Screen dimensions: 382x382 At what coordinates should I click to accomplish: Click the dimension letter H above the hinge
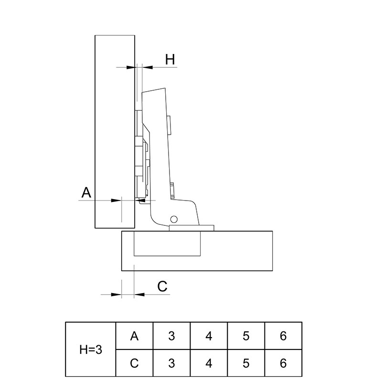tap(170, 59)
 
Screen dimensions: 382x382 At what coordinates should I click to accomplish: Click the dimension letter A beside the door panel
tap(86, 192)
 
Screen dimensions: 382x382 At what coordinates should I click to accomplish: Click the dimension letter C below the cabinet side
tap(162, 286)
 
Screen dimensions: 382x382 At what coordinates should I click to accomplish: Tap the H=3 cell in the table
tap(91, 350)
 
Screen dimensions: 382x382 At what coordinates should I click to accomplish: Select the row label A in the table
tap(134, 336)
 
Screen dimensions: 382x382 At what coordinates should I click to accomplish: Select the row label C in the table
tap(134, 363)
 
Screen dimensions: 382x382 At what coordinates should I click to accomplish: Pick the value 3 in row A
tap(171, 336)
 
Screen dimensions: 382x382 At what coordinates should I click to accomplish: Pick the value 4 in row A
tap(209, 336)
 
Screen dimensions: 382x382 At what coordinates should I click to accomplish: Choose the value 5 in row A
tap(246, 336)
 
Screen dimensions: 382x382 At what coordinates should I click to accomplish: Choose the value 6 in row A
tap(283, 336)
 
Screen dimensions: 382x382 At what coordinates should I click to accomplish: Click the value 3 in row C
tap(171, 363)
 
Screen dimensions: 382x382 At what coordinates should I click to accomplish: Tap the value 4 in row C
tap(209, 363)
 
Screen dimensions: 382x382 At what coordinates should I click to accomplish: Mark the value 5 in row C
tap(246, 363)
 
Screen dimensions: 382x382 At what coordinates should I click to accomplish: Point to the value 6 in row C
tap(283, 363)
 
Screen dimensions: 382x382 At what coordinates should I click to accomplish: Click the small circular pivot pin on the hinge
tap(174, 219)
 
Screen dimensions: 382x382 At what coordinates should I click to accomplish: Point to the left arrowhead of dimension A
tap(116, 201)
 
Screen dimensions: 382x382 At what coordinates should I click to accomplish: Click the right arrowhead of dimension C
tap(139, 295)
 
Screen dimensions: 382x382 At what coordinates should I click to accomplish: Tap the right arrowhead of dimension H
tap(148, 67)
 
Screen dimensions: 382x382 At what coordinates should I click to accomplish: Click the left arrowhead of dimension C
tap(116, 295)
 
